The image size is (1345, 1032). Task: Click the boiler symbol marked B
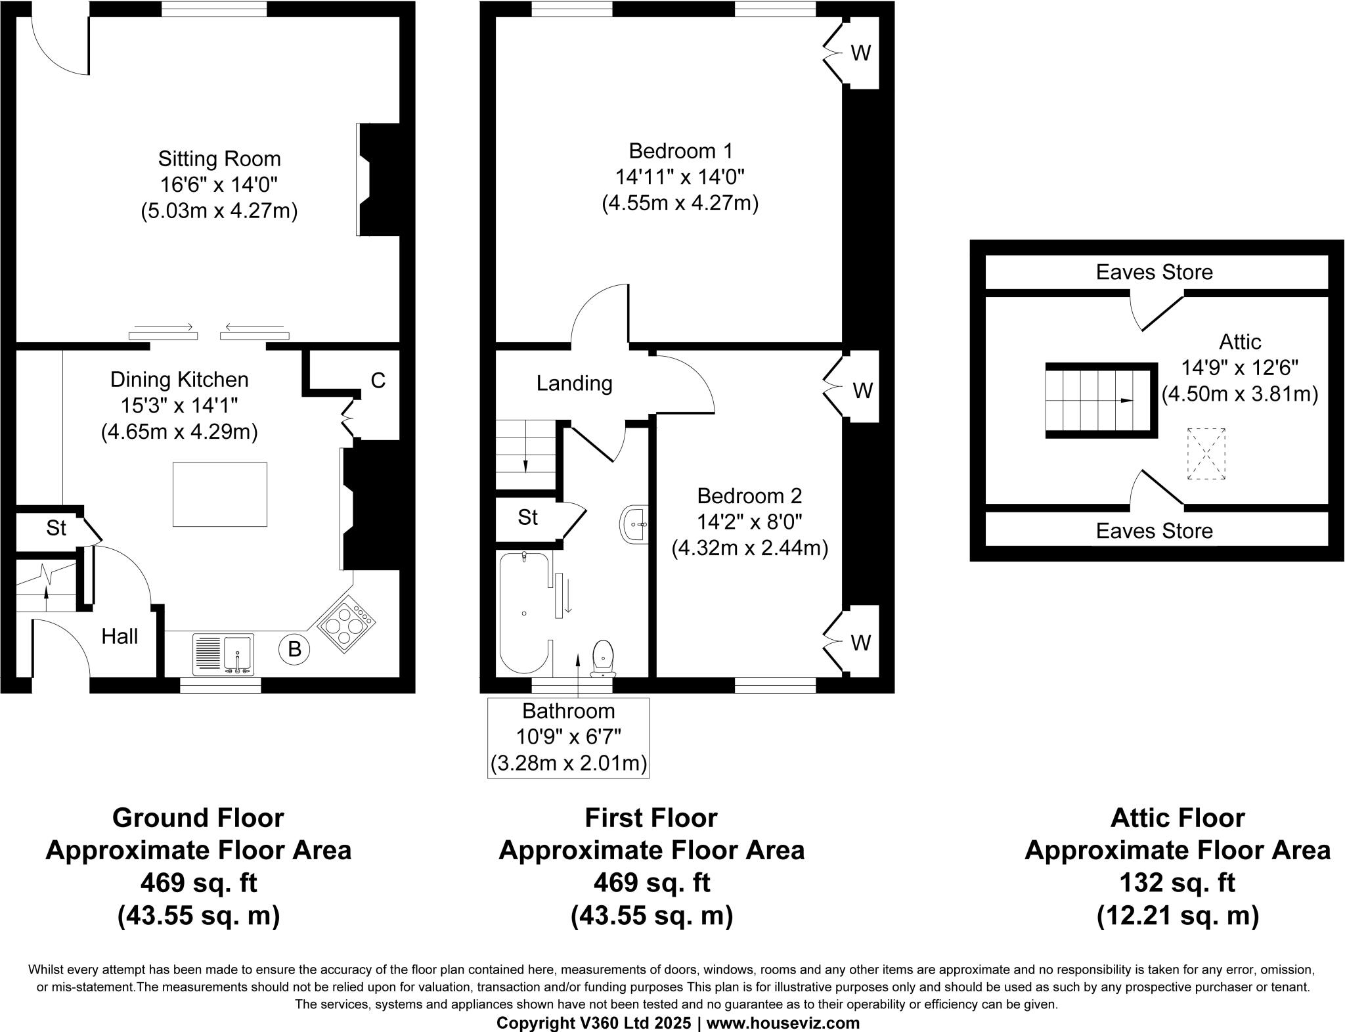[295, 649]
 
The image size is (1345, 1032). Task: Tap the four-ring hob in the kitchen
[347, 624]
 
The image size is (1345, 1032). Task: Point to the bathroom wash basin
[634, 524]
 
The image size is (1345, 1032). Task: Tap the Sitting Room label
[219, 159]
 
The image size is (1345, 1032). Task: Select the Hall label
[120, 636]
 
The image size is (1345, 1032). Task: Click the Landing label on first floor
[574, 383]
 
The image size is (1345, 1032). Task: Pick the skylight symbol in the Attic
[1206, 454]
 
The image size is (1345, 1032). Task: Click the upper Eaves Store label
[1154, 272]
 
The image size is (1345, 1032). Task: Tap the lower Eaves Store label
[1154, 531]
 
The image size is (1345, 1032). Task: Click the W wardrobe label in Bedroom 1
[860, 53]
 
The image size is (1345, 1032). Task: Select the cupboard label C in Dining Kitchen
[378, 380]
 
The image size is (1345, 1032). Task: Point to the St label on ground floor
[56, 527]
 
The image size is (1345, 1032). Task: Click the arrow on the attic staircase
[1126, 400]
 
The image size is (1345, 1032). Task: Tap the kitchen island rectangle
[220, 494]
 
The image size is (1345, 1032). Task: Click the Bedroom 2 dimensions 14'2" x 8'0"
[749, 522]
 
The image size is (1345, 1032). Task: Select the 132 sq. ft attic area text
[1177, 882]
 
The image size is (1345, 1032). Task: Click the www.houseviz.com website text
[783, 1022]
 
